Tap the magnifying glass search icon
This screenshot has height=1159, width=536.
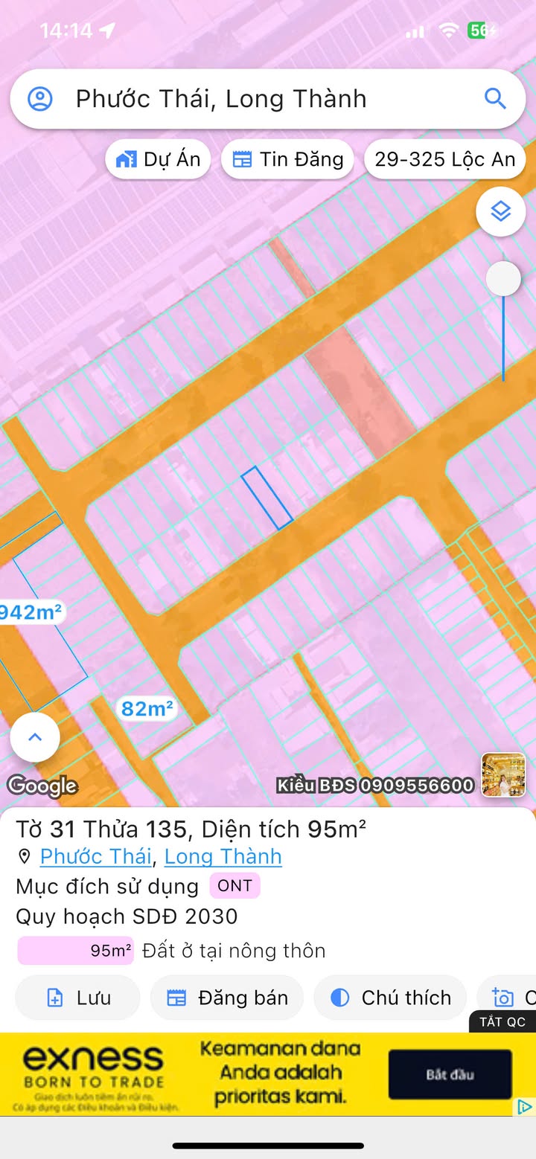click(495, 98)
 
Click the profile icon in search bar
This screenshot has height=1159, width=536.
click(40, 99)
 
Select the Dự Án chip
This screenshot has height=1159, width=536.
click(159, 159)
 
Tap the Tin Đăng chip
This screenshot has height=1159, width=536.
click(287, 159)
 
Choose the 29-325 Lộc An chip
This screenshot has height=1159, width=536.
click(444, 159)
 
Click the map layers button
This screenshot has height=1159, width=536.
click(501, 212)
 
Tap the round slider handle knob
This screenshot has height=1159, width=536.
click(503, 279)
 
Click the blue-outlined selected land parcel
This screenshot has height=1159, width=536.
click(267, 498)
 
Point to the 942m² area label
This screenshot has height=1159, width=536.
click(31, 612)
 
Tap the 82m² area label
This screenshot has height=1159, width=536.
click(147, 709)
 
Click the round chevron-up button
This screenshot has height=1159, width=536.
click(35, 737)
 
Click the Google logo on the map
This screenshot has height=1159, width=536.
click(42, 786)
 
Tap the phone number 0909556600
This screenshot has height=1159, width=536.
click(417, 786)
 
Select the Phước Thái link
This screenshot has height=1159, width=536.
click(95, 856)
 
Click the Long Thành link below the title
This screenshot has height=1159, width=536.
click(223, 856)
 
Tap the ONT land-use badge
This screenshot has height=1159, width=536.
click(234, 886)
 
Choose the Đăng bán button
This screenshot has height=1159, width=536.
click(227, 998)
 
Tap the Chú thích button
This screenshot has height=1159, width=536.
click(391, 998)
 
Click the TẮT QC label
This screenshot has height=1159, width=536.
click(502, 1021)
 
